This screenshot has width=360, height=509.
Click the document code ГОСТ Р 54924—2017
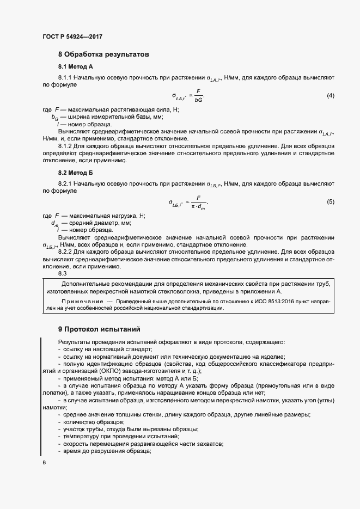pos(72,37)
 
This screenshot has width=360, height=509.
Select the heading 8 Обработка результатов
pos(103,54)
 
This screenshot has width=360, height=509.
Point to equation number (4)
pos(330,96)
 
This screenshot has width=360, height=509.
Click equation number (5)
pos(330,202)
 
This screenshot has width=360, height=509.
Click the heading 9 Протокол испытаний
pos(99,329)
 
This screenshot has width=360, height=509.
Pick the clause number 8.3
pos(63,274)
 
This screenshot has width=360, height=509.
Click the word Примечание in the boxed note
pos(82,301)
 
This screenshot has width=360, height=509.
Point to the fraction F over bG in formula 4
pos(198,96)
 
